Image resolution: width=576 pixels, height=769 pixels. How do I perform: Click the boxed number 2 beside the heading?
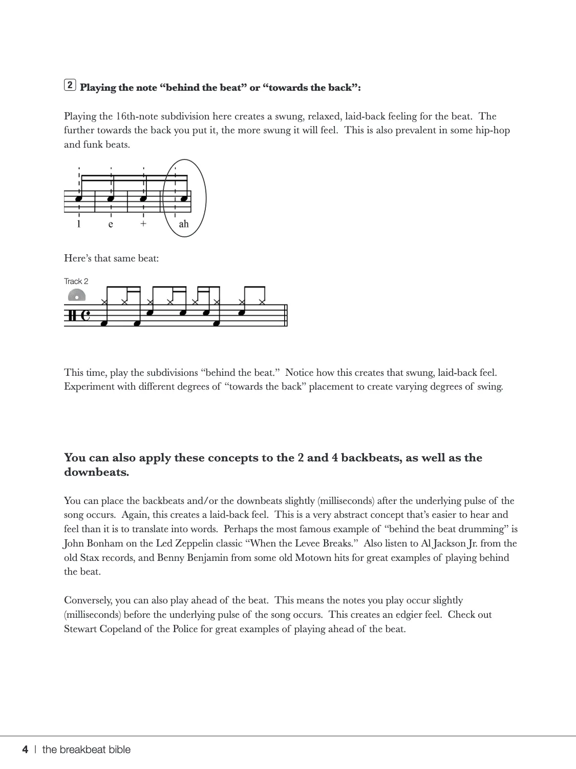(70, 85)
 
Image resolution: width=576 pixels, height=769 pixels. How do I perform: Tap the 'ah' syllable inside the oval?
(183, 224)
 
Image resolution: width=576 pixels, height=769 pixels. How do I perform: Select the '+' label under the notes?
(143, 224)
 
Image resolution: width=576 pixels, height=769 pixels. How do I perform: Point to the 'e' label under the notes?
(111, 224)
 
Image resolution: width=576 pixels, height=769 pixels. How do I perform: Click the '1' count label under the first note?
(79, 224)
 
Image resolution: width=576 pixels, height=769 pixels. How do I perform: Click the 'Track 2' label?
(76, 281)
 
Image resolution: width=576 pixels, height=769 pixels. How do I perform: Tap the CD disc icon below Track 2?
(77, 295)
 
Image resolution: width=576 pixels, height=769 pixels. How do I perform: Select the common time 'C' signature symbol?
(86, 315)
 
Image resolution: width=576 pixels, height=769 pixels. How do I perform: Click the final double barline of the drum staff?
(286, 315)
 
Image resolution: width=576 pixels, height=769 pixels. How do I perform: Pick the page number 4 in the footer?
(25, 750)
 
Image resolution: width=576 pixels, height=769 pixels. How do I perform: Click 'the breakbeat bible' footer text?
(86, 750)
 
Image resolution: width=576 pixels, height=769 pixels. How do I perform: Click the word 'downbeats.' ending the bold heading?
(96, 472)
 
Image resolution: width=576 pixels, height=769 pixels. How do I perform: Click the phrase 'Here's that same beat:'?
(111, 258)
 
